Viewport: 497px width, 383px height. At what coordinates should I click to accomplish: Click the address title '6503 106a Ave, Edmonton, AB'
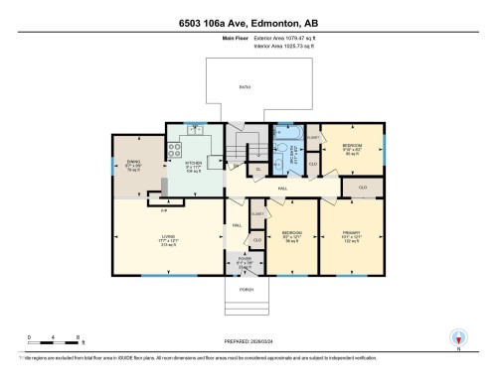point(248,23)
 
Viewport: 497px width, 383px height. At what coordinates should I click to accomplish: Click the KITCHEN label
point(195,165)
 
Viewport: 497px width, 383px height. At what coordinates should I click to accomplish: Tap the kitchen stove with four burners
point(174,152)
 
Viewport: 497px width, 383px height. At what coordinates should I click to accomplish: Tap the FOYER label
point(245,262)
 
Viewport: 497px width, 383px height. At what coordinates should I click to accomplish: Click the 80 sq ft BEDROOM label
point(352,149)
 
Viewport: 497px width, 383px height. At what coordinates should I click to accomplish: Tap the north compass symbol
point(458,339)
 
